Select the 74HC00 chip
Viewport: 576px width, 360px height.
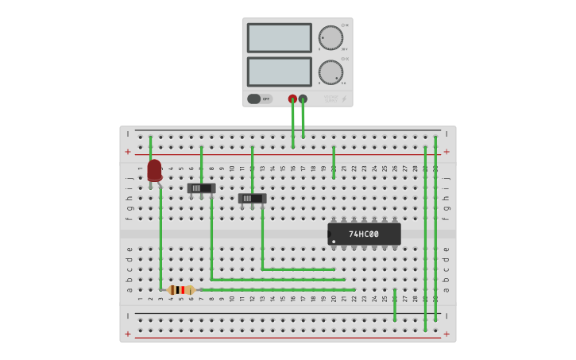pos(364,234)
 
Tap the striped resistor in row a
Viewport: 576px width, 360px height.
pos(182,290)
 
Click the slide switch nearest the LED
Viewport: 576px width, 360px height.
pos(201,188)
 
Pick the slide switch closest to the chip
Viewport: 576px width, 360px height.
pos(252,198)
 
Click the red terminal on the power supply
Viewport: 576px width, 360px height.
pos(292,99)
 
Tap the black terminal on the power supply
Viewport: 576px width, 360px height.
pos(303,99)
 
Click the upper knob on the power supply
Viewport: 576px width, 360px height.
pos(331,37)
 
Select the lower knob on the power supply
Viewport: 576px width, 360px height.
pos(331,72)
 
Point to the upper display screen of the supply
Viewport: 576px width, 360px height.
pos(279,37)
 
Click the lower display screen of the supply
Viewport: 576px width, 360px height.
pos(279,72)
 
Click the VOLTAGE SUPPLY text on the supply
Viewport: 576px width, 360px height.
pos(331,99)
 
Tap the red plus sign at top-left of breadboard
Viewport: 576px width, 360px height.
pos(128,151)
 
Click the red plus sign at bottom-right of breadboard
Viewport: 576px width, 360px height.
pos(446,334)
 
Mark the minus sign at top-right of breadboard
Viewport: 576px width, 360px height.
pos(446,134)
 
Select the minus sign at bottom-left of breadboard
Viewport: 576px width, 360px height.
pos(128,315)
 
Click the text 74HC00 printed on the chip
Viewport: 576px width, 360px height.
pos(364,234)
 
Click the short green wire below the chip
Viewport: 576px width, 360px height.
pos(394,305)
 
